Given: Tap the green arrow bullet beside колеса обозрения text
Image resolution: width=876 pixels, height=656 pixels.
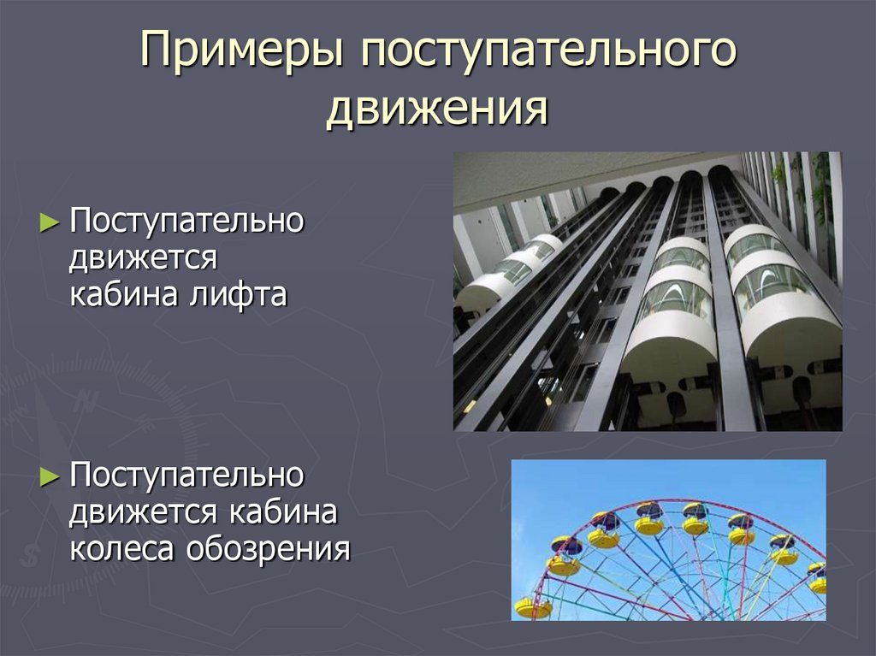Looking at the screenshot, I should tap(50, 476).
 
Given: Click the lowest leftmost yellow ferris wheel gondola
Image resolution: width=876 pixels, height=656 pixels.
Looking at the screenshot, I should tap(532, 608).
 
